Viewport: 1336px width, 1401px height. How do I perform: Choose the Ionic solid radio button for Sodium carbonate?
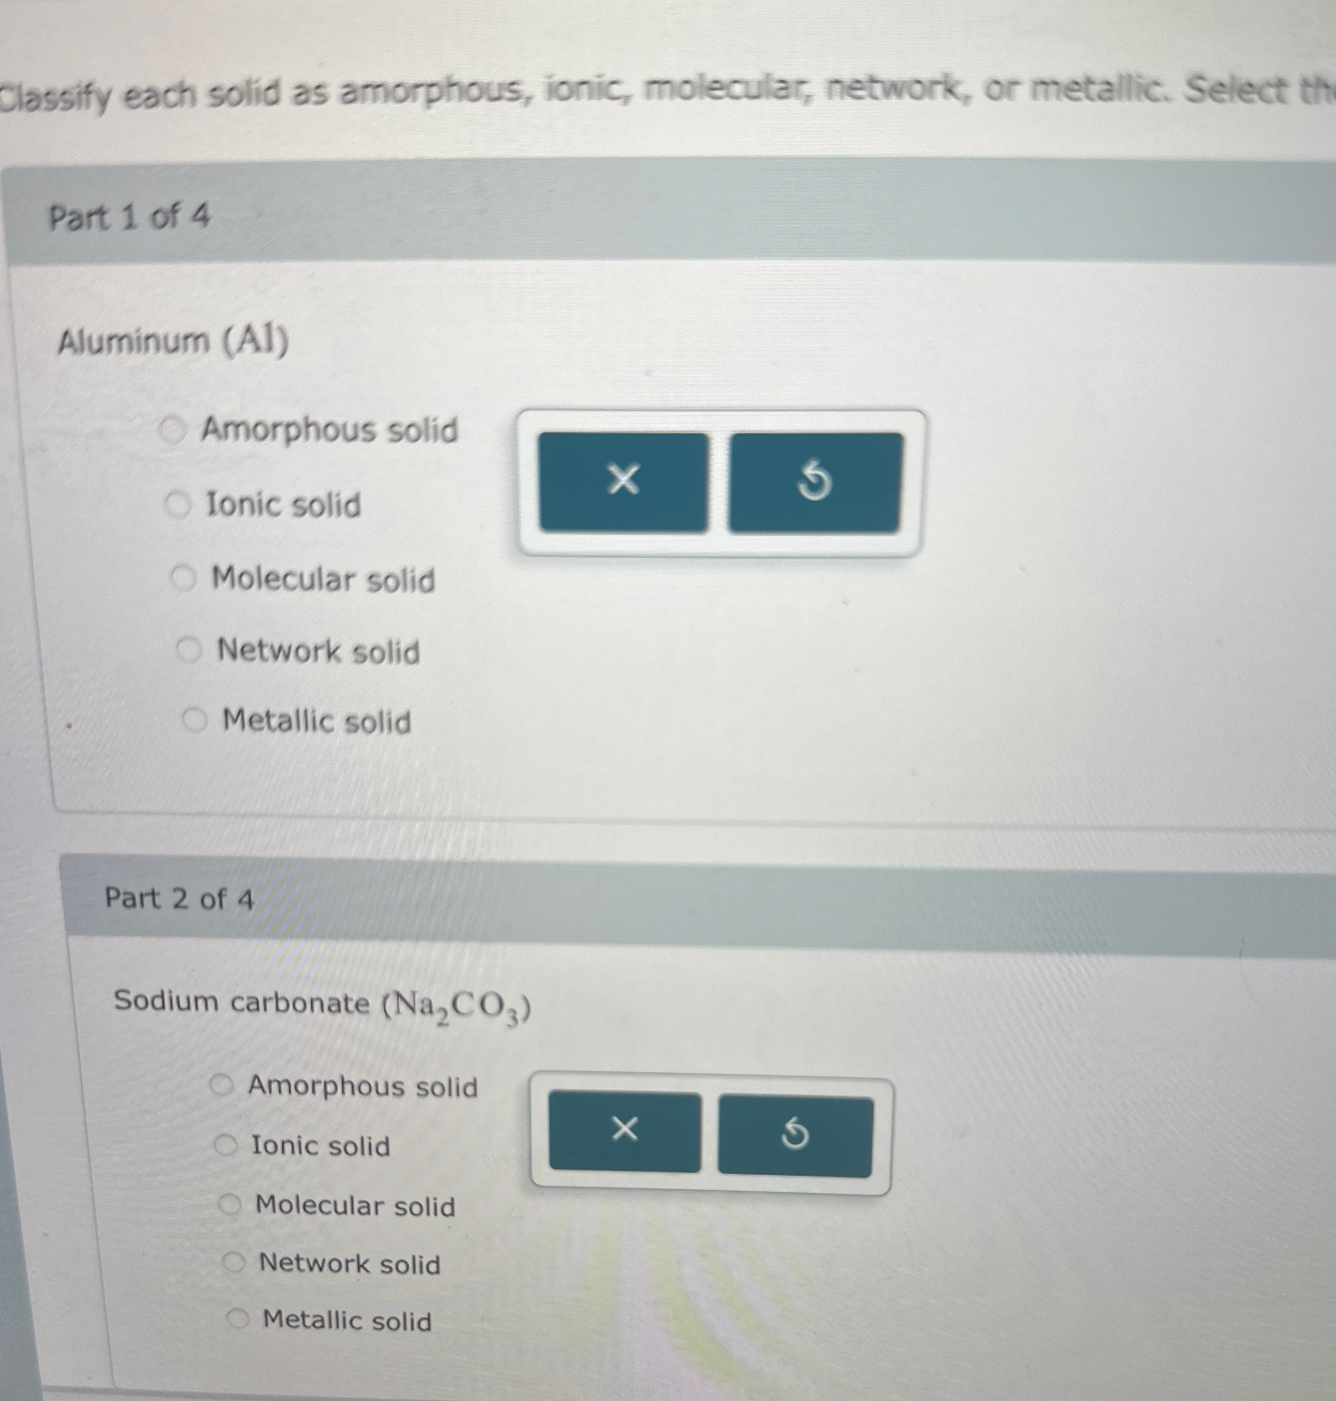coord(226,1145)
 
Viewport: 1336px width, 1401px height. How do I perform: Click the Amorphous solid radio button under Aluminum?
coord(172,430)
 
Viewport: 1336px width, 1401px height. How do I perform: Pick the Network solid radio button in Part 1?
coord(189,650)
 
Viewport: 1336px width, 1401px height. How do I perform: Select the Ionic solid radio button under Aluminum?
coord(178,505)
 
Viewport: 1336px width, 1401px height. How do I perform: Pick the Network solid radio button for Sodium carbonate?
coord(234,1263)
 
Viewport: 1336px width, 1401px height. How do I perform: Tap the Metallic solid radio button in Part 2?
coord(238,1319)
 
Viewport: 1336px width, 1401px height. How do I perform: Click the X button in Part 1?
coord(623,481)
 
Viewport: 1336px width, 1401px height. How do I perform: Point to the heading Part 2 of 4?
coord(179,899)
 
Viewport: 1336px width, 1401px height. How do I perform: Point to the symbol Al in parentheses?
coord(255,341)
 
